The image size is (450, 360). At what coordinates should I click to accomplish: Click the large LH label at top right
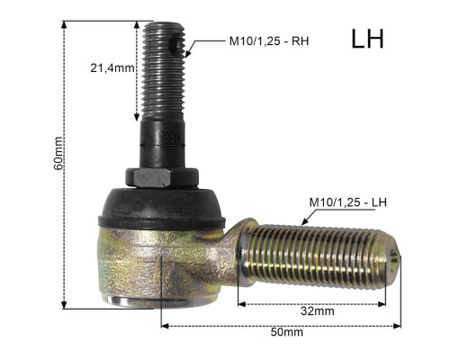coord(367,39)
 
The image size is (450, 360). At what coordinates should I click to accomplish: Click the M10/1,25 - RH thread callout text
coord(269,41)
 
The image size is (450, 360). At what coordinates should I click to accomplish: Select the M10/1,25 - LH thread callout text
coord(348,202)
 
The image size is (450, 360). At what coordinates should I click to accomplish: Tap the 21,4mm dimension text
coord(112,68)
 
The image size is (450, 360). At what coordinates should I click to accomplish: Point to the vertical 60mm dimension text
coord(58,153)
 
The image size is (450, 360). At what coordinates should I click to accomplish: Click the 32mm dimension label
coord(318,311)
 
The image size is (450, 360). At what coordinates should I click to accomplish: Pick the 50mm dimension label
coord(287,332)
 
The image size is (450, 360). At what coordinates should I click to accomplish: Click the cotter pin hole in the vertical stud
coord(176,44)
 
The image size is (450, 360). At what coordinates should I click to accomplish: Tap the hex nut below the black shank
coord(162,177)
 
